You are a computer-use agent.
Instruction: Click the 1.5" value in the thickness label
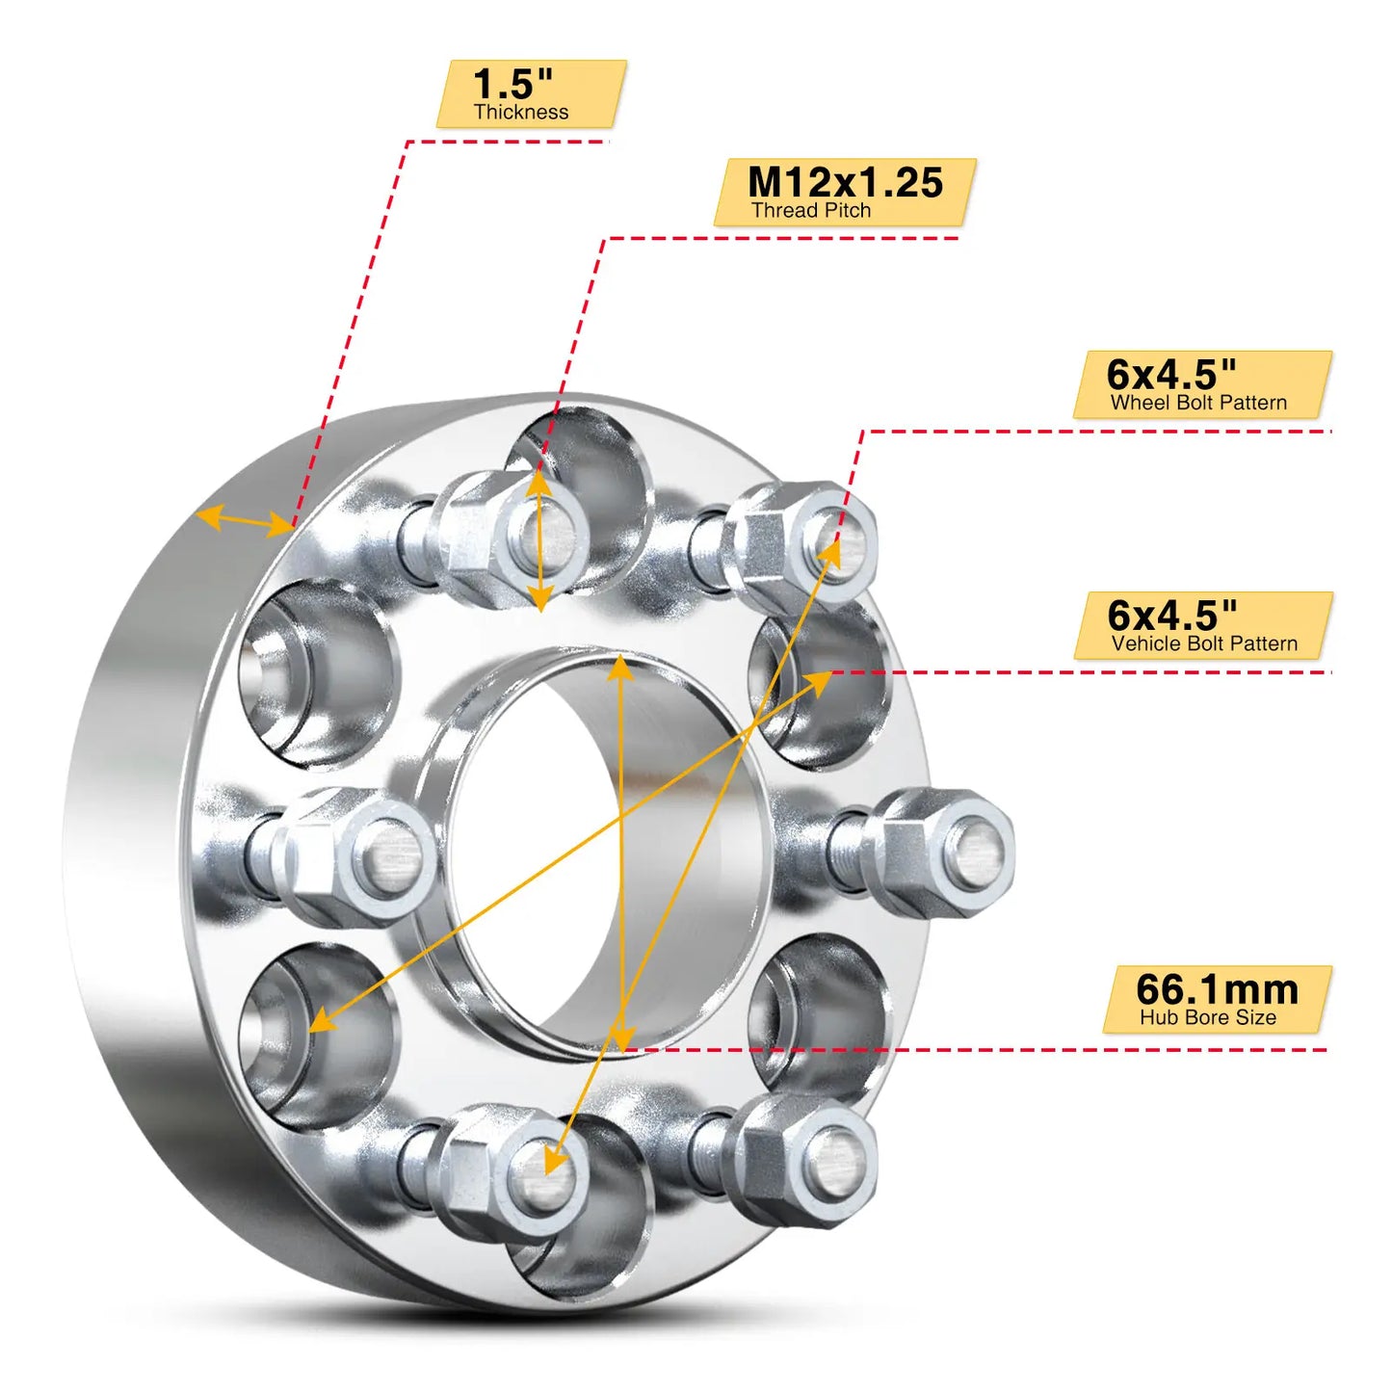click(x=512, y=84)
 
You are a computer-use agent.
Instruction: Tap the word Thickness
click(x=520, y=113)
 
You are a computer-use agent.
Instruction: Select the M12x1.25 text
click(x=845, y=182)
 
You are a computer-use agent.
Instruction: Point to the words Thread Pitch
click(x=811, y=211)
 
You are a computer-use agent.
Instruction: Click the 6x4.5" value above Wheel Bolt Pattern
click(x=1170, y=374)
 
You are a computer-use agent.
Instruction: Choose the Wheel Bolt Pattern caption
click(x=1198, y=404)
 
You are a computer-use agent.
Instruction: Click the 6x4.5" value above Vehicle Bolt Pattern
click(x=1171, y=615)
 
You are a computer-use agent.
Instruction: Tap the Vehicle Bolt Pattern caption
click(x=1204, y=644)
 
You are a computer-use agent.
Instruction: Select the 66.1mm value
click(x=1217, y=989)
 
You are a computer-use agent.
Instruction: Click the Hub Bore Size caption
click(x=1207, y=1018)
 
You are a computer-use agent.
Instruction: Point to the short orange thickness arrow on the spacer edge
click(x=245, y=521)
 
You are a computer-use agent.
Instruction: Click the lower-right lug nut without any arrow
click(x=809, y=1161)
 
